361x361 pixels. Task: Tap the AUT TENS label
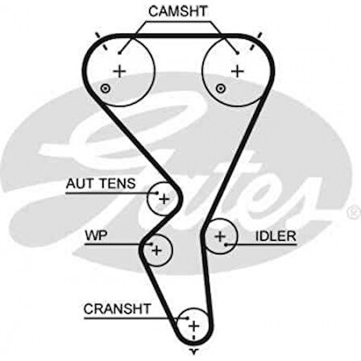point(101,184)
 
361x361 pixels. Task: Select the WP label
point(95,236)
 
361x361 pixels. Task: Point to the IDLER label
point(276,236)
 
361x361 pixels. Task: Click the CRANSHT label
point(117,309)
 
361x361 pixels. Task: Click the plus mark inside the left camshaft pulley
point(119,71)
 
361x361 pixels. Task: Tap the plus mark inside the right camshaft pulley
point(236,71)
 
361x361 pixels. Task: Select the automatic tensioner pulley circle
point(164,197)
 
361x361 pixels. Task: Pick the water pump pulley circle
point(157,250)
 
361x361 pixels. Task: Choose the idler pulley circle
point(219,236)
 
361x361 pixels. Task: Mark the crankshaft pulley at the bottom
point(193,325)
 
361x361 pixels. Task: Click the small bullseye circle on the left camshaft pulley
point(105,88)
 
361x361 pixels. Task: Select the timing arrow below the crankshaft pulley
point(193,352)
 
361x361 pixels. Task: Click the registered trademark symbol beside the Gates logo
point(351,211)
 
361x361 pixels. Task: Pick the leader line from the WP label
point(127,241)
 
